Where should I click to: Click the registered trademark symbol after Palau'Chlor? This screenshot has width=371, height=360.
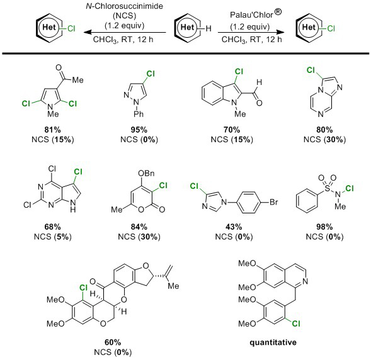coord(278,12)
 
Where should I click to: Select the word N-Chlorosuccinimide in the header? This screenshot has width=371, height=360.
coord(125,6)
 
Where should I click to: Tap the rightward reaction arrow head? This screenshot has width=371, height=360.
coord(280,32)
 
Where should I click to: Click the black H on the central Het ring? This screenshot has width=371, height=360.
coord(208,29)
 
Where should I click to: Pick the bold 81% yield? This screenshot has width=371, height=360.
coord(52,130)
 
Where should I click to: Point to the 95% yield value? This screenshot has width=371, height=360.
coord(139,130)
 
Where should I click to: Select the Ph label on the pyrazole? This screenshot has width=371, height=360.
coord(139,114)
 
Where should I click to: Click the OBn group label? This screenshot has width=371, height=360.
coord(146,173)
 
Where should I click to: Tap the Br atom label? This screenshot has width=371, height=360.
coord(273,202)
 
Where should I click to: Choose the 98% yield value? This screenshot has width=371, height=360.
coord(324,227)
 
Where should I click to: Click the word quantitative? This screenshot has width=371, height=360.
coord(273,342)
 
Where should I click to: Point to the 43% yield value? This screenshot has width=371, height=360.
coord(234,227)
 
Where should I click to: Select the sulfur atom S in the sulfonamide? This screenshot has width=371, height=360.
coord(328,188)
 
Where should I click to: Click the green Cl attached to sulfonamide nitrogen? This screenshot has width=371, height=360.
coord(350,188)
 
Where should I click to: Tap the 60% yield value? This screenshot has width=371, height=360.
coord(113,342)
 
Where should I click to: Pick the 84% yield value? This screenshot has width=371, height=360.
coord(139,227)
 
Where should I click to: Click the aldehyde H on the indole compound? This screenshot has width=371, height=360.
coord(259,82)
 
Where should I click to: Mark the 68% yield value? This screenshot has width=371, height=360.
coord(52,227)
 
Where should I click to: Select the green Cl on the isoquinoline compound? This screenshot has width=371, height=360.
coord(296,323)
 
